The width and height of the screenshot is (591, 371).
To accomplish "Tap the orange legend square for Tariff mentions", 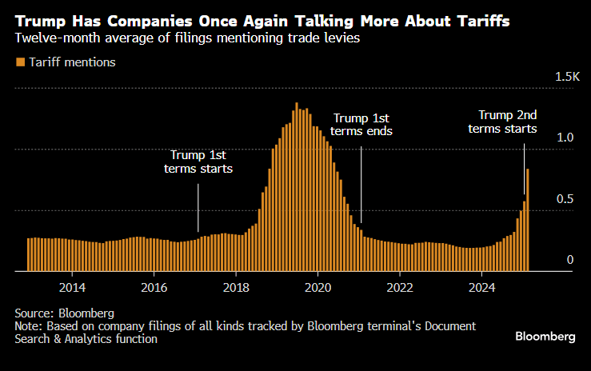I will (19, 62).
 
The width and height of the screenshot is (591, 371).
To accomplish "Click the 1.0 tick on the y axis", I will (565, 138).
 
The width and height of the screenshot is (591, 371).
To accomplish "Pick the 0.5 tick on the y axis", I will (565, 198).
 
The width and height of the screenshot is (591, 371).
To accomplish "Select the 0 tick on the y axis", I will (570, 259).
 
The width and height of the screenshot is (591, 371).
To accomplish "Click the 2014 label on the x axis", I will (72, 287).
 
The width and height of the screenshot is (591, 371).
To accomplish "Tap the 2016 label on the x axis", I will (154, 287).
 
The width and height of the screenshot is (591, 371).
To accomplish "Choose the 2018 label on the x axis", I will (236, 287).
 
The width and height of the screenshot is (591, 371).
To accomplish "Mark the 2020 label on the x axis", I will (317, 287).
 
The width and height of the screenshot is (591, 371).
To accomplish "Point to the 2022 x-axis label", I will (399, 287).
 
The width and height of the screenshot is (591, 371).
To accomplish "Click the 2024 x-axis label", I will (481, 287).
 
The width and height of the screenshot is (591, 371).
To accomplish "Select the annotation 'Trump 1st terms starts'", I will (198, 162).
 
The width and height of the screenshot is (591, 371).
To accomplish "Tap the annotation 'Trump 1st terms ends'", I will (361, 124).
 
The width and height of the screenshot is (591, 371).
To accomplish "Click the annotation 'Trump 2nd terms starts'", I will (502, 122).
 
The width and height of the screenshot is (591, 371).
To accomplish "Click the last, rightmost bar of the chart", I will (528, 220).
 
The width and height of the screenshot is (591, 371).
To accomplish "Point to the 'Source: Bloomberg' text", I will (64, 313).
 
